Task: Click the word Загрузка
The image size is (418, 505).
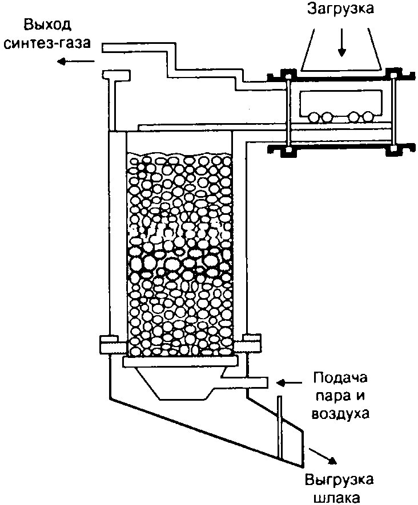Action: coord(341,10)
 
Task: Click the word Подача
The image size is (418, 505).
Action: coord(341,378)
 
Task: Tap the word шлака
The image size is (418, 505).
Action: coord(339,497)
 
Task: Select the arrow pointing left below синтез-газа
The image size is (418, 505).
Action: coord(68,64)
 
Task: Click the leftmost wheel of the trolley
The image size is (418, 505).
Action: coord(313,117)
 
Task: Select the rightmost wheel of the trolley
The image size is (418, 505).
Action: coord(367,117)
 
